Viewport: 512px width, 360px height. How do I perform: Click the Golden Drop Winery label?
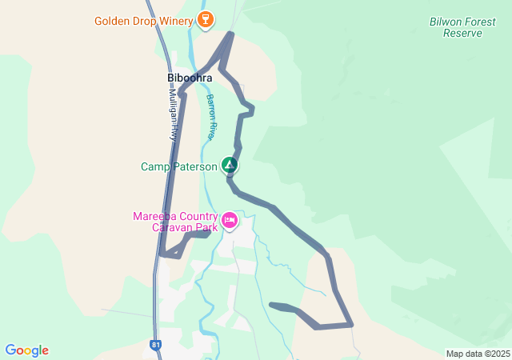pos(143,21)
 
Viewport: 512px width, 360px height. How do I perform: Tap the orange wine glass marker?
pos(206,20)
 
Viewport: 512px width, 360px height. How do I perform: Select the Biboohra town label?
pos(190,78)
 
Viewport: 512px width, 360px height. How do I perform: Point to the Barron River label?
pos(211,117)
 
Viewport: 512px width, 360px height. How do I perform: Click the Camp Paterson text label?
pos(178,166)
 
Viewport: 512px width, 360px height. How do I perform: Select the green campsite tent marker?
pos(230,166)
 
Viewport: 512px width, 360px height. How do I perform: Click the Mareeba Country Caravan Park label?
pos(175,222)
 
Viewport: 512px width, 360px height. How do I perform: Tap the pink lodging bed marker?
pos(230,220)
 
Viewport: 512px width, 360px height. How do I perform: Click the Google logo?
pos(26,350)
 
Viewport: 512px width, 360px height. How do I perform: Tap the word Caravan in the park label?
pos(170,227)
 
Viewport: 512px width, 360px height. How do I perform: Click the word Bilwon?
pos(446,22)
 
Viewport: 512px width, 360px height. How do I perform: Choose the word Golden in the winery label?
pos(112,21)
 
